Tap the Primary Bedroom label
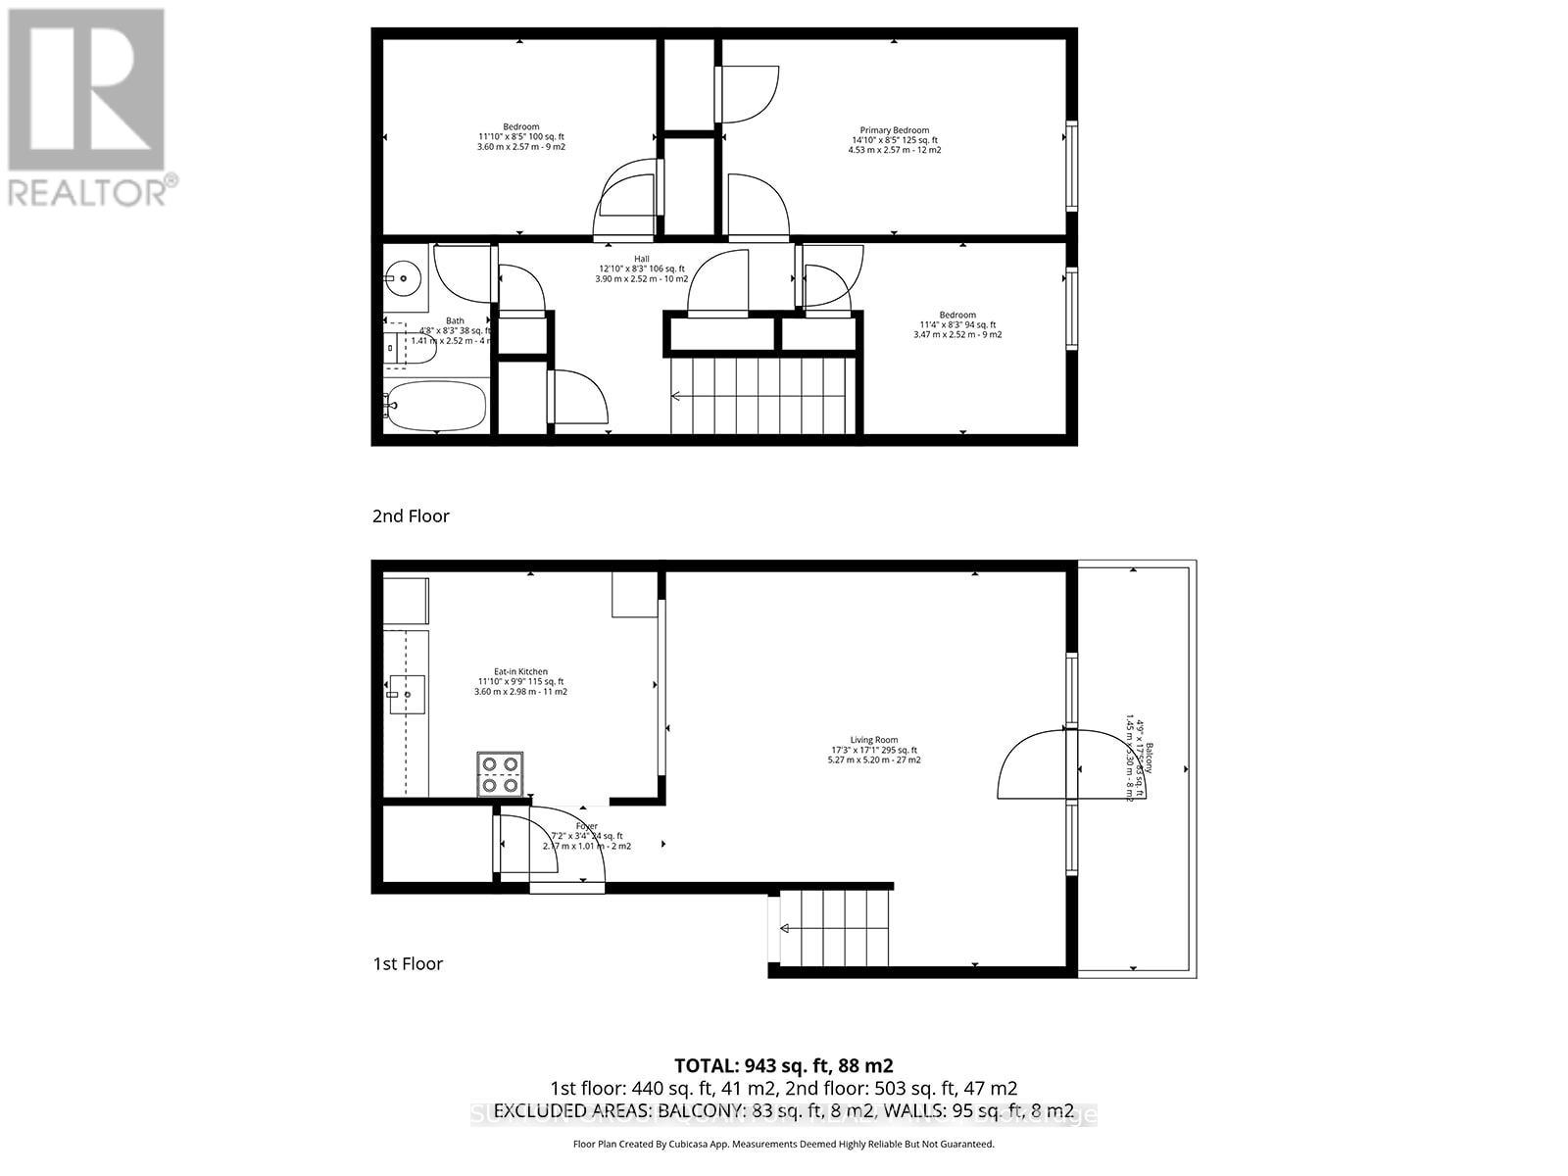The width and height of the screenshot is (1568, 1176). [894, 130]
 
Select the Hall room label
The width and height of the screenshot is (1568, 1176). [641, 259]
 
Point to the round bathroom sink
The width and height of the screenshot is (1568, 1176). [402, 278]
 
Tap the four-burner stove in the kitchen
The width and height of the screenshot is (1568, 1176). [500, 773]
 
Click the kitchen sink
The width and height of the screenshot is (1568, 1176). [406, 694]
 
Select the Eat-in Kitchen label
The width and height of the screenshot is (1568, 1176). [520, 671]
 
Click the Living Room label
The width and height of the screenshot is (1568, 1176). [873, 740]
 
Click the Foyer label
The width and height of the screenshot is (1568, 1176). [586, 826]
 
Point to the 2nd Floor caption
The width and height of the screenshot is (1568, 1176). [411, 515]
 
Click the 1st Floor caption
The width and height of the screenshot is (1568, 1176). [408, 963]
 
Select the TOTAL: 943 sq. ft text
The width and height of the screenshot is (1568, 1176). [783, 1065]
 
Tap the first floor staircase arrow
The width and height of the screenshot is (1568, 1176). [786, 928]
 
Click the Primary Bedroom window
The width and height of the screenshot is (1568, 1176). [1071, 165]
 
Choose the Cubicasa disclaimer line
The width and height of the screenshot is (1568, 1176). [783, 1144]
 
